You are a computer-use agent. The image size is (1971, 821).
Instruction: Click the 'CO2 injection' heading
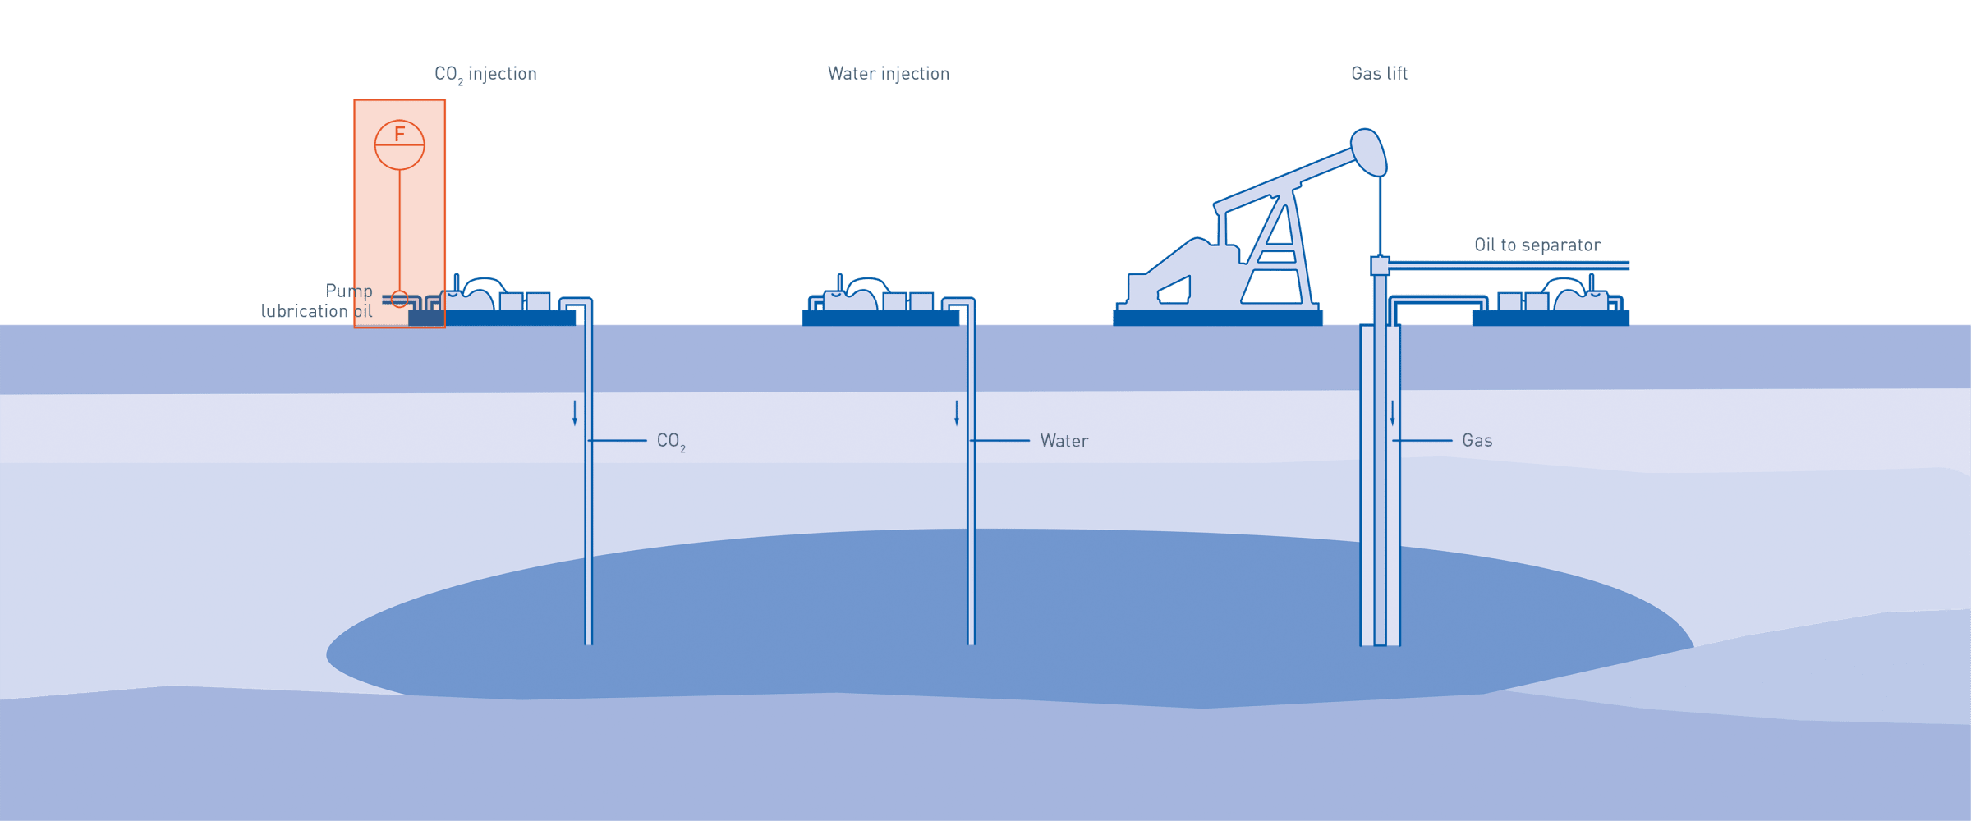coord(485,74)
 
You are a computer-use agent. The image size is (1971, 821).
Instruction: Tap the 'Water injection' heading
coord(888,74)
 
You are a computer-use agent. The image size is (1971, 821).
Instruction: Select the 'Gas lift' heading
coord(1379,74)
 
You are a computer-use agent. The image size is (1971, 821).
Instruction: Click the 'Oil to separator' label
coord(1537,245)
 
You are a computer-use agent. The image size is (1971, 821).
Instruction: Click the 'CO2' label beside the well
coord(670,442)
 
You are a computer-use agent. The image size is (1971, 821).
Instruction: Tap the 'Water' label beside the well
coord(1064,441)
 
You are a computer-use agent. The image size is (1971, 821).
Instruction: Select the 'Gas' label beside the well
coord(1477,441)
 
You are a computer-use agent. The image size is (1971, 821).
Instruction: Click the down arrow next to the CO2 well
coord(575,413)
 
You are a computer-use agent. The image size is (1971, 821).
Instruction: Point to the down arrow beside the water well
coord(957,413)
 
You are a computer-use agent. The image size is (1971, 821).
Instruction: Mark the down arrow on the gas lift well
coord(1393,413)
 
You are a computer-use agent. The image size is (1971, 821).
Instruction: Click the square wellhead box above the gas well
coord(1380,265)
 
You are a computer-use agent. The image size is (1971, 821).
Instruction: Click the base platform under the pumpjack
coord(1217,318)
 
